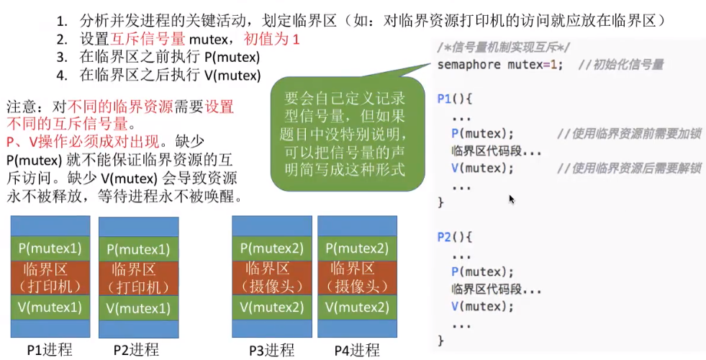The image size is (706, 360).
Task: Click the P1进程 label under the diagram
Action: coord(50,351)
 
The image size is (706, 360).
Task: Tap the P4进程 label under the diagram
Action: coord(356,351)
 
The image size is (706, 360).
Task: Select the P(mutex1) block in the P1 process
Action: coord(50,248)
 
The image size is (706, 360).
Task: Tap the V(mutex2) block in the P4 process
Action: coord(357,307)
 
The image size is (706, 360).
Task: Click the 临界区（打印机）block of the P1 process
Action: coord(50,278)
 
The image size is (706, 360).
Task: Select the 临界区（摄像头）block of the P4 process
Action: coord(357,277)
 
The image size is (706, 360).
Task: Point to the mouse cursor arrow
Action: coord(512,199)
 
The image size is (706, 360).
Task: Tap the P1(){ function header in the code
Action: coord(455,99)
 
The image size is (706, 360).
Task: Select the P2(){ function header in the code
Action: coord(455,237)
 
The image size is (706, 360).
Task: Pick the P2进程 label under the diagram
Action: coord(136,351)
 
